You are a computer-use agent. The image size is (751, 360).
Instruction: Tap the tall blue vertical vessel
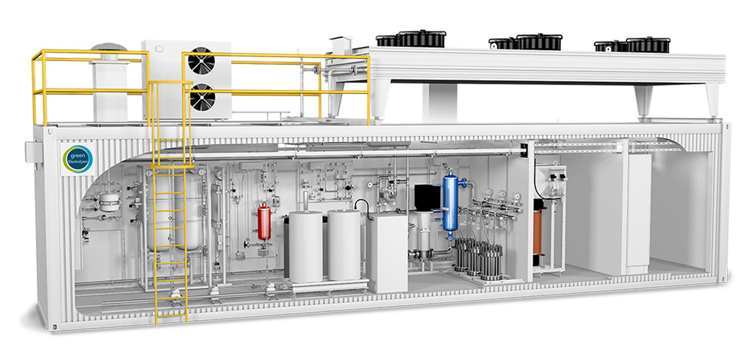(450, 202)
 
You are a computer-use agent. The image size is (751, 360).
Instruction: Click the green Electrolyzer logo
(78, 160)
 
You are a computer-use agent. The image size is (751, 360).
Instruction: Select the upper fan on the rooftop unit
(201, 61)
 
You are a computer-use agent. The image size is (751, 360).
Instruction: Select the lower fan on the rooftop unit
(202, 96)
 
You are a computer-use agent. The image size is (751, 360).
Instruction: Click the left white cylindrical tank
(306, 246)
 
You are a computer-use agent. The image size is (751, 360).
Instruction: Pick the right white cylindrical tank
(344, 245)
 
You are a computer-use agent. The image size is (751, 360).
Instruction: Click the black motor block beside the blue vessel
(427, 197)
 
